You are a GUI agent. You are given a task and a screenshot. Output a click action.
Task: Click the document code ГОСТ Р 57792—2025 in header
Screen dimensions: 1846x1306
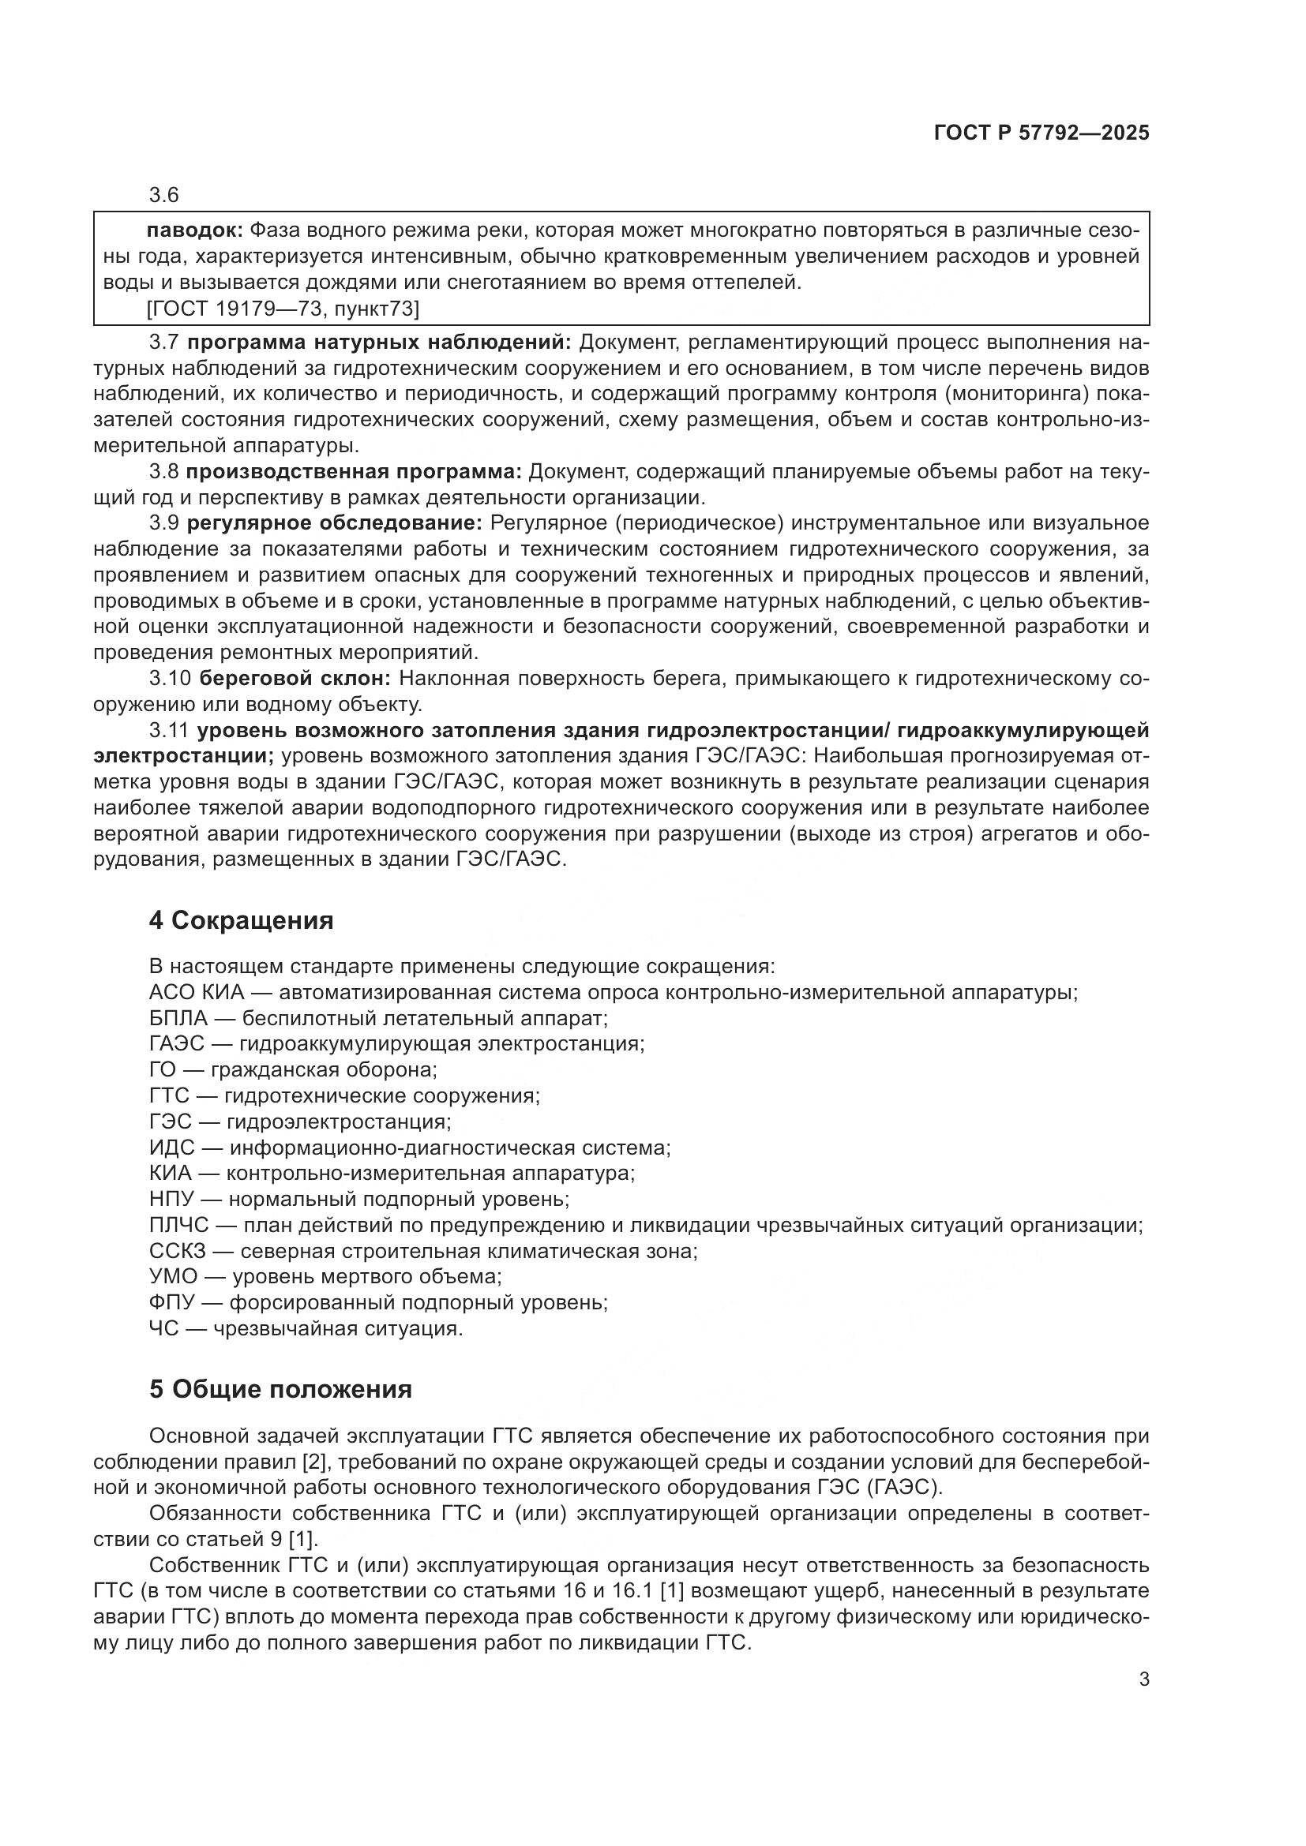1041,133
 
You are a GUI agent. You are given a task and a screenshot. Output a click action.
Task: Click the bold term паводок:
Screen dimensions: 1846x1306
193,230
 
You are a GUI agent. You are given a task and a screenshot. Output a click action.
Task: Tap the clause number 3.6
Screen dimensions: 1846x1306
164,196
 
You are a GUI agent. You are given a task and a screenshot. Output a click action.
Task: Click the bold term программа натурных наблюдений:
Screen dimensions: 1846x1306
379,343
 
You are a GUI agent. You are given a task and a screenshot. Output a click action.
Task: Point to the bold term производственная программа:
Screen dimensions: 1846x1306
355,472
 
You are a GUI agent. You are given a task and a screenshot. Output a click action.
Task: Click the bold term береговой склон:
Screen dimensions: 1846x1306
295,679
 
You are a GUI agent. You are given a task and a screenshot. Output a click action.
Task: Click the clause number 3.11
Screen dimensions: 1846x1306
169,730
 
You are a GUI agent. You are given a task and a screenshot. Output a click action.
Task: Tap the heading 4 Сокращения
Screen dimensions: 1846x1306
242,920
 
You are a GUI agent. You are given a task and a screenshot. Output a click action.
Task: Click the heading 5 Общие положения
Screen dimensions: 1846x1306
280,1389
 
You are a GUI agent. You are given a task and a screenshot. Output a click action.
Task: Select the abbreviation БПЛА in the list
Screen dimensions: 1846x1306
178,1019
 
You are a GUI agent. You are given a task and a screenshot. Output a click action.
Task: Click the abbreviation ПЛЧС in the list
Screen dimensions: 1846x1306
179,1226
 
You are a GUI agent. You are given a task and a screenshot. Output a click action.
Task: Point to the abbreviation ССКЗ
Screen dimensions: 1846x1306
178,1251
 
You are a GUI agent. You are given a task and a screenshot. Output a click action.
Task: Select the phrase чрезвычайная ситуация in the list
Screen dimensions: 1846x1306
338,1328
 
